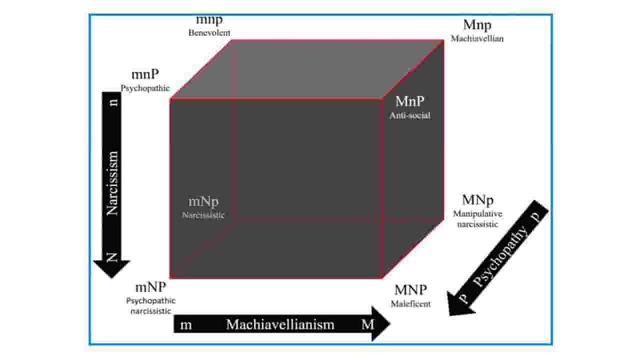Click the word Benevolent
click(209, 33)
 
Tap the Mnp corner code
click(477, 25)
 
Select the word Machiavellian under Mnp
click(477, 38)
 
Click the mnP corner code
click(145, 74)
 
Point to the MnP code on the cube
click(409, 101)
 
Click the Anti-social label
click(410, 115)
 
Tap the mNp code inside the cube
click(203, 201)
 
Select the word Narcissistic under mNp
click(203, 215)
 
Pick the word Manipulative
click(477, 214)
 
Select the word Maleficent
click(410, 304)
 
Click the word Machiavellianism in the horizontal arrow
click(280, 324)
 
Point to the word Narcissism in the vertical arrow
click(112, 183)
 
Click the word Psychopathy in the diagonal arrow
click(499, 256)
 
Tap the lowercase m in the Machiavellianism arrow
click(185, 325)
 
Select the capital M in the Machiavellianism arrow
click(367, 324)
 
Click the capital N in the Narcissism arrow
click(112, 257)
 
